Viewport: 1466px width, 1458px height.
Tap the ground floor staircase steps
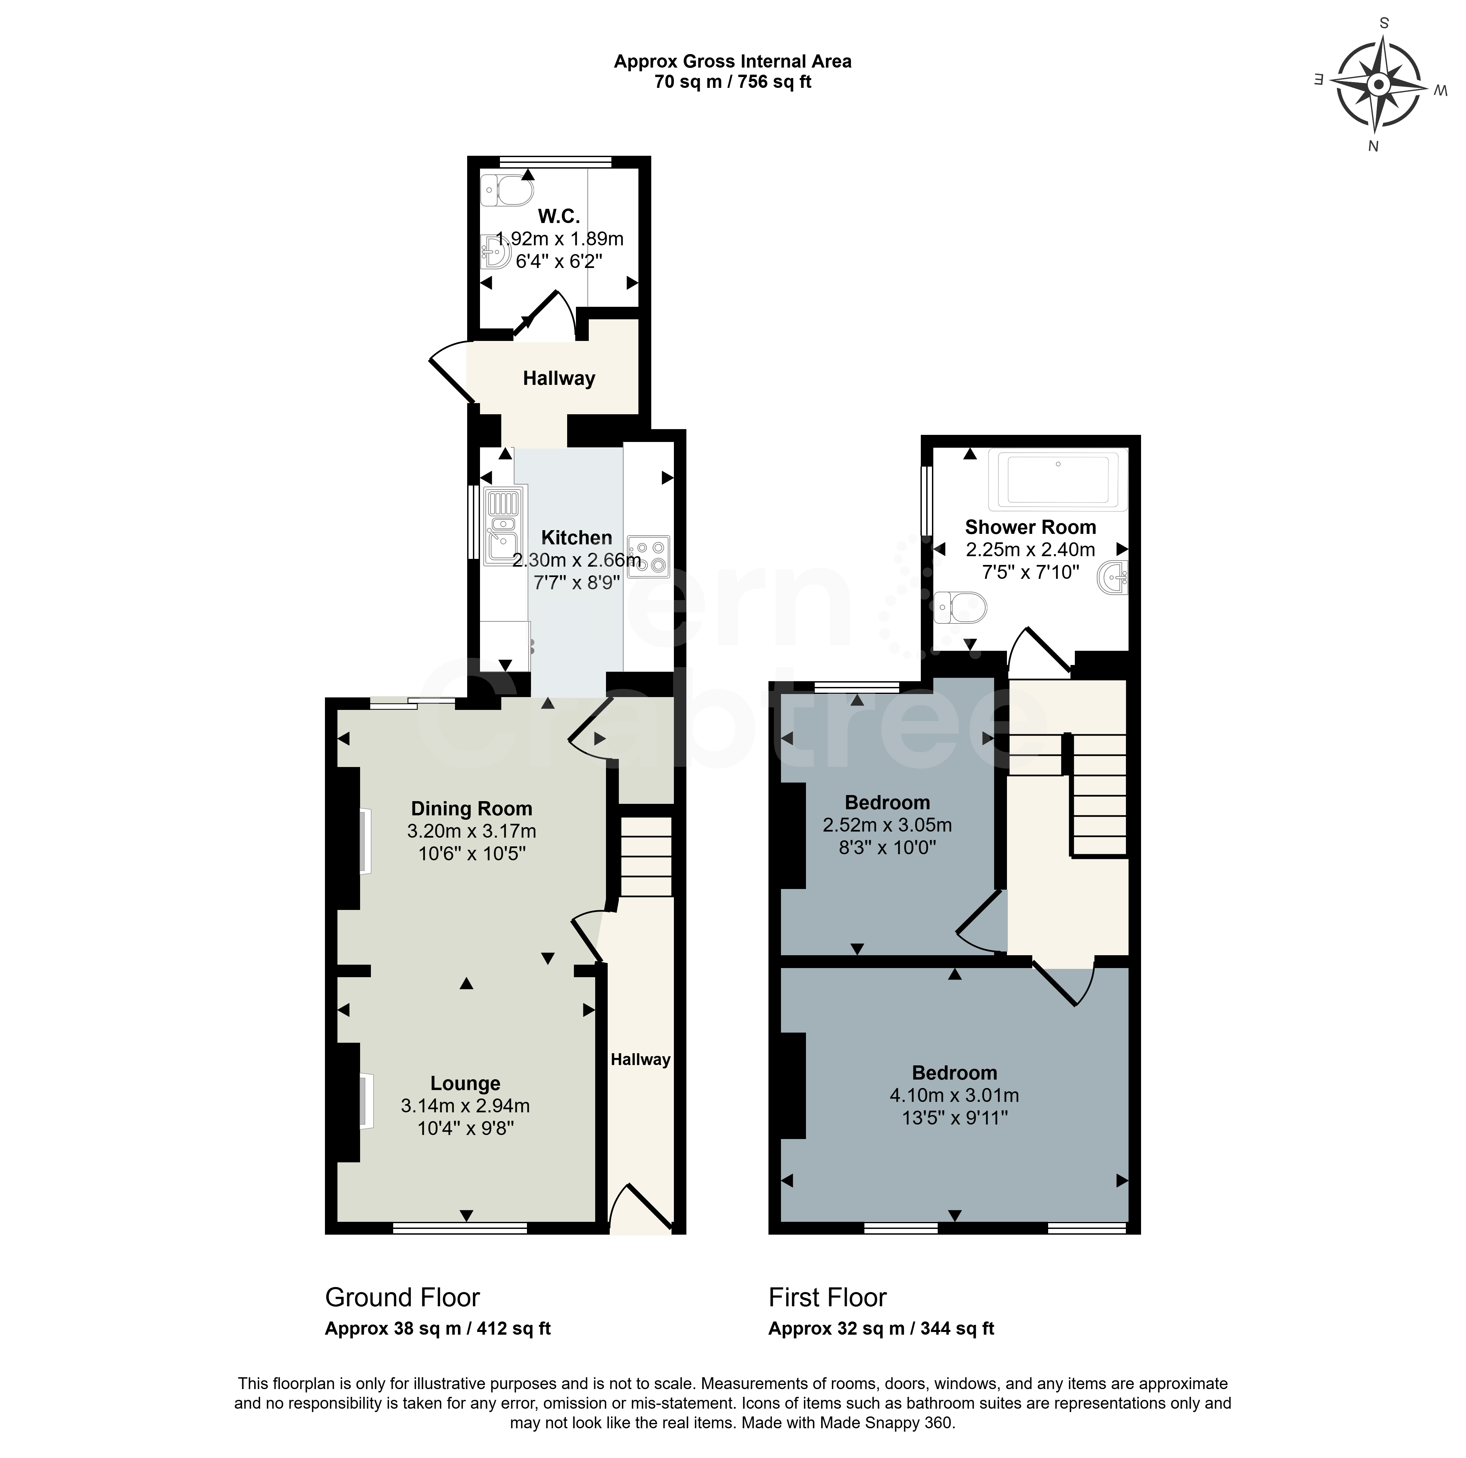click(647, 856)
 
